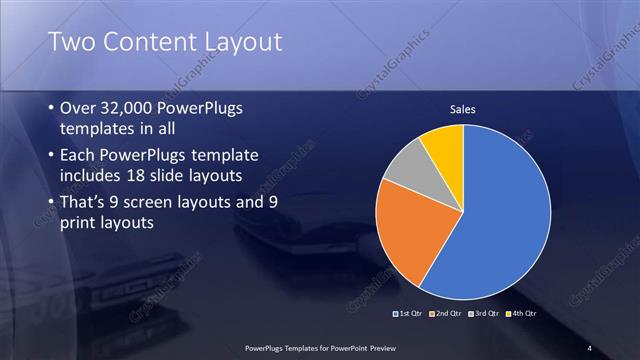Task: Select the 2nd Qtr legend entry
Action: click(x=445, y=315)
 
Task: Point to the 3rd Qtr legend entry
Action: click(x=483, y=315)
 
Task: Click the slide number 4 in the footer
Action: click(x=590, y=347)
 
